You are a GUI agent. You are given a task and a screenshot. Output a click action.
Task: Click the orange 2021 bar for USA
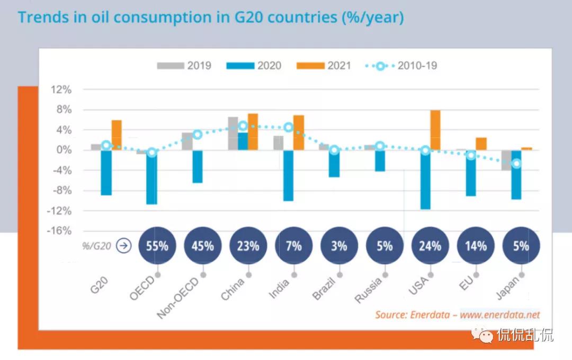(435, 130)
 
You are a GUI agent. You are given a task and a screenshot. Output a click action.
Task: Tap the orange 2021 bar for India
(299, 132)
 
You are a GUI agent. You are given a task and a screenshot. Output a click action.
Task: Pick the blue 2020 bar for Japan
(516, 175)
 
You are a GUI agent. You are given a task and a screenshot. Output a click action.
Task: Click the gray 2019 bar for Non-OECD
(187, 141)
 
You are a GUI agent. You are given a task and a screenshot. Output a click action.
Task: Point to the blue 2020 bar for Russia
(380, 160)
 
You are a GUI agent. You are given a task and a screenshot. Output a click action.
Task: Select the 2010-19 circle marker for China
(243, 125)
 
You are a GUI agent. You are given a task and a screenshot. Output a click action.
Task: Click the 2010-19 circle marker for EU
(471, 155)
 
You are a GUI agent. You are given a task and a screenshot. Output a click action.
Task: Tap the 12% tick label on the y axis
(61, 89)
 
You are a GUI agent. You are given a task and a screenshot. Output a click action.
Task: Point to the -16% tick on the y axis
(60, 231)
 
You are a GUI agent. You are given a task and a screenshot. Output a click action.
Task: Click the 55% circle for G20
(157, 246)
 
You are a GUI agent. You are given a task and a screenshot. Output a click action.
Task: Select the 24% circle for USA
(430, 246)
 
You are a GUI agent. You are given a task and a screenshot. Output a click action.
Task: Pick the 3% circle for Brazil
(339, 246)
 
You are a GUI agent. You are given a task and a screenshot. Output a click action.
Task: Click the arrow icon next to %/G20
(123, 246)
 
